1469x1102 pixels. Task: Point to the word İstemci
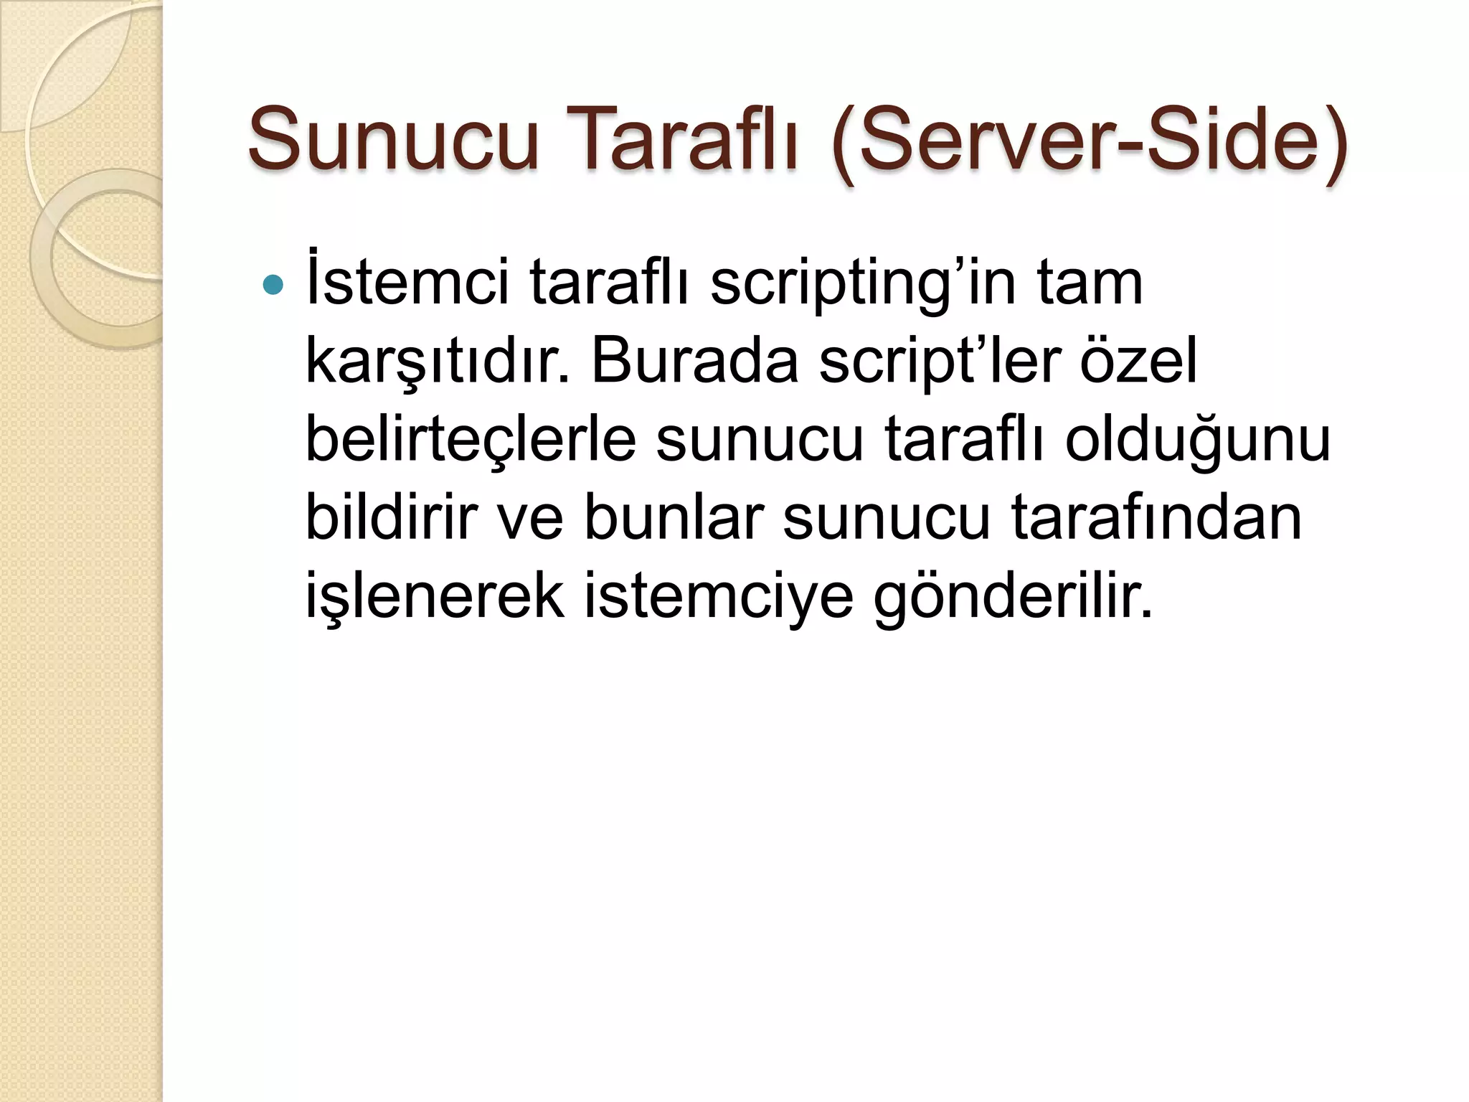coord(407,282)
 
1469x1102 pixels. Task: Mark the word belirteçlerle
coord(471,441)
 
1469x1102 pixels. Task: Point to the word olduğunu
coord(1197,441)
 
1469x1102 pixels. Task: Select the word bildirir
coord(392,517)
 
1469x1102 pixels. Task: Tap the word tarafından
coord(1156,517)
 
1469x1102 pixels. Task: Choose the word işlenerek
coord(435,596)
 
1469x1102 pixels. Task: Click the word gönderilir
coord(1013,596)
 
